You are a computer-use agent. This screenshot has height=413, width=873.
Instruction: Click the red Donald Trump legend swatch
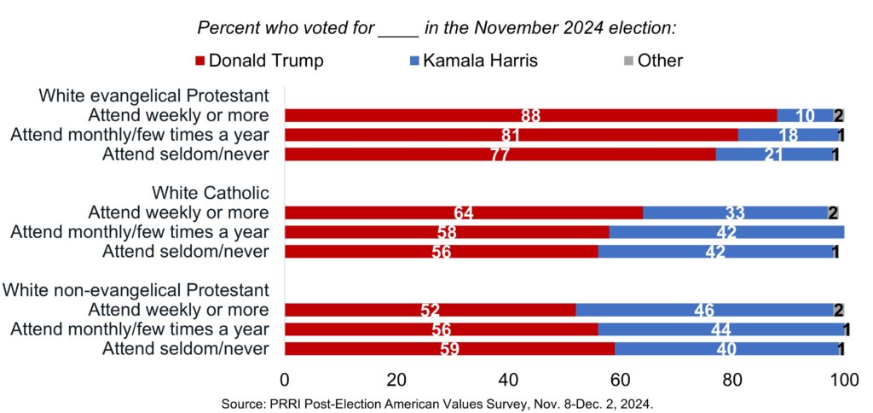pyautogui.click(x=200, y=61)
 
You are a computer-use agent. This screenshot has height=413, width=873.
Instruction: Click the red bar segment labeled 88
pyautogui.click(x=530, y=115)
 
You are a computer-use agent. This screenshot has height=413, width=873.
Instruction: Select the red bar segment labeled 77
pyautogui.click(x=500, y=154)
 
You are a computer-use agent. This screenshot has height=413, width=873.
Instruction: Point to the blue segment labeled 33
pyautogui.click(x=734, y=212)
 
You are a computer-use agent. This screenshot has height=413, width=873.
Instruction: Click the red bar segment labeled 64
pyautogui.click(x=463, y=212)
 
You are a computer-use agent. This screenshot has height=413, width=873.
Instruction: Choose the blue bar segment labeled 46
pyautogui.click(x=703, y=310)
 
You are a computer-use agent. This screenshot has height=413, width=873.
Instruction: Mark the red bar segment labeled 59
pyautogui.click(x=449, y=348)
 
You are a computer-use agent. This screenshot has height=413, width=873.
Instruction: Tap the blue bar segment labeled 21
pyautogui.click(x=773, y=154)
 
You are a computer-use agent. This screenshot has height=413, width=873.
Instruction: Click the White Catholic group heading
pyautogui.click(x=211, y=193)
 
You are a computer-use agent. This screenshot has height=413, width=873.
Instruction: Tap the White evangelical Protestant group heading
pyautogui.click(x=154, y=96)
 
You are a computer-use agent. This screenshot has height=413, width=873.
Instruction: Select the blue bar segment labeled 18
pyautogui.click(x=788, y=135)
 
